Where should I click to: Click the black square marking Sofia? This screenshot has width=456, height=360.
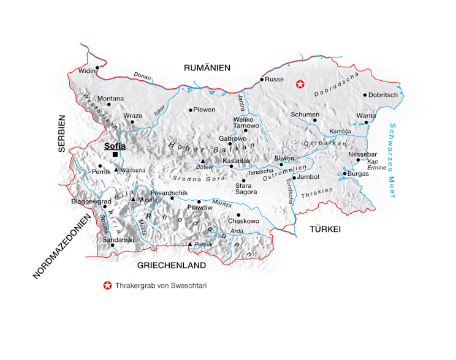[x=115, y=154]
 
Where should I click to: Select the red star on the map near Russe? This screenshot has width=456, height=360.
[x=300, y=84]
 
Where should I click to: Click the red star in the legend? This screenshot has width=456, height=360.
[x=108, y=285]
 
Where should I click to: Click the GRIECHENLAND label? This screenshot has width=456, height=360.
[x=171, y=266]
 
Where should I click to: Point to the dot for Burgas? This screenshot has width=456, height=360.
[x=344, y=174]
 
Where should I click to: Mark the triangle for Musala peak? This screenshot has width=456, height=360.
[x=133, y=198]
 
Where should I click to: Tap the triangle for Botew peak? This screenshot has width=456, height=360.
[x=202, y=161]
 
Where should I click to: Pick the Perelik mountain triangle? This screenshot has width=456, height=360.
[x=190, y=245]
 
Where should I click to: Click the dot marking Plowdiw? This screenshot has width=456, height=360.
[x=199, y=201]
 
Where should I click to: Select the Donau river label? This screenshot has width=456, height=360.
[x=142, y=76]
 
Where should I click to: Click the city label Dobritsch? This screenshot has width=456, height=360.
[x=384, y=95]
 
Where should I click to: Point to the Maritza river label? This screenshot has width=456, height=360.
[x=221, y=203]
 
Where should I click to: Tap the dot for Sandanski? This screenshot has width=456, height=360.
[x=112, y=245]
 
